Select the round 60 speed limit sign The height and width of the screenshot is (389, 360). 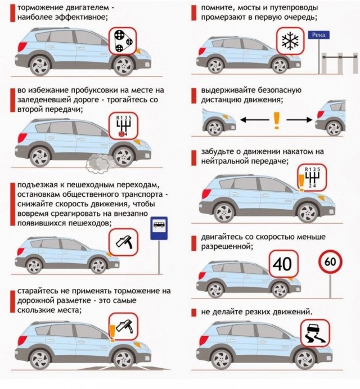coord(330,262)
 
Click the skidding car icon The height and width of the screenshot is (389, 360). coord(314,334)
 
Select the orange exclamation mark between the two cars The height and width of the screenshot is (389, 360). coord(276,120)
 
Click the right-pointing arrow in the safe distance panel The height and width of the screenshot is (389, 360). coord(299,120)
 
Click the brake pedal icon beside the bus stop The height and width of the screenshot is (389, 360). coord(124,243)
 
